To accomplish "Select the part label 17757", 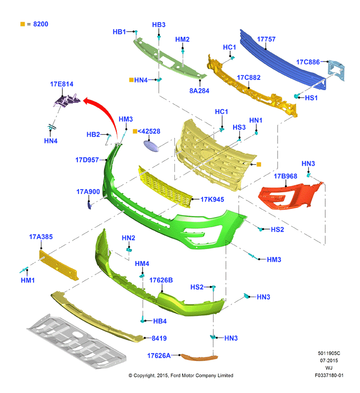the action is (x=266, y=39).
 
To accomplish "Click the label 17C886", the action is (x=308, y=62).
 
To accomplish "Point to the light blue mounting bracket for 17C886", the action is (x=336, y=70).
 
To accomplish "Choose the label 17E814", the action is (x=62, y=84).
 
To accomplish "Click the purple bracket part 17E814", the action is (x=67, y=100).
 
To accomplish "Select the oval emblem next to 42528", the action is (x=151, y=146).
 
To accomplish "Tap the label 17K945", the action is (x=212, y=200).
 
